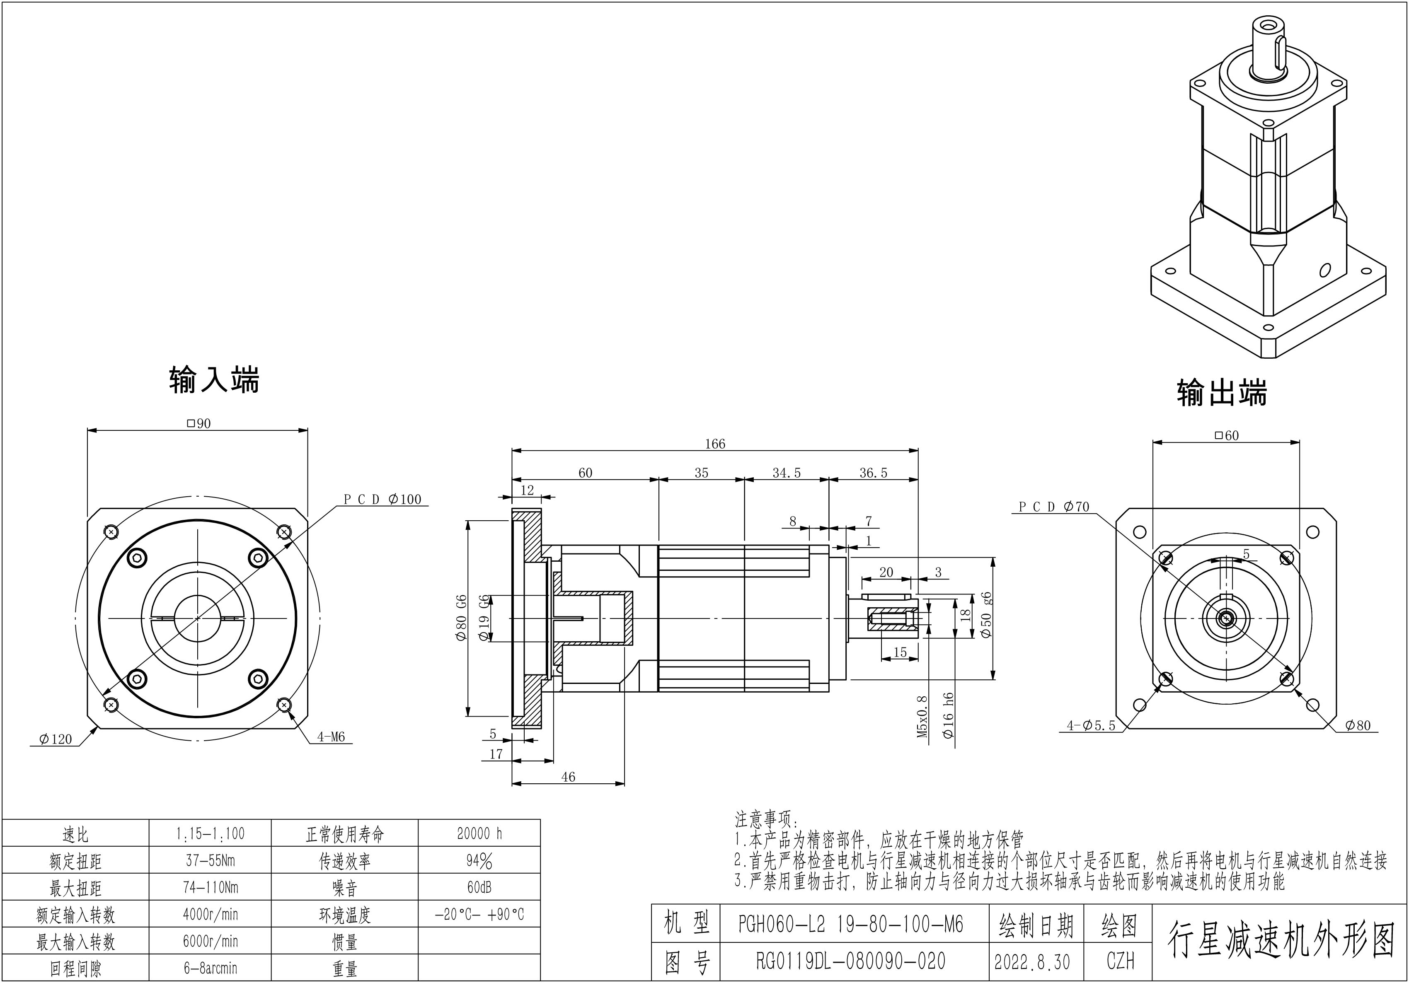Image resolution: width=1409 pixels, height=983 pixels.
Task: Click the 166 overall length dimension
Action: tap(715, 444)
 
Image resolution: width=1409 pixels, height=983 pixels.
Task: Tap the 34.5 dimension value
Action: tap(786, 473)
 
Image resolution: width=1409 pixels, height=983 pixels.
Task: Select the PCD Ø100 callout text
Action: tap(383, 500)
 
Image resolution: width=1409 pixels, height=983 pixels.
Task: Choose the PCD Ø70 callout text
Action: tap(1054, 507)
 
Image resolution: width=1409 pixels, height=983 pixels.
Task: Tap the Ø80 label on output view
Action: tap(1358, 725)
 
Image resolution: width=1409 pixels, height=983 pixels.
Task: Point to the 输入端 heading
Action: tap(214, 380)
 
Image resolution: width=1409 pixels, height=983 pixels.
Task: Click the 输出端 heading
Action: tap(1221, 393)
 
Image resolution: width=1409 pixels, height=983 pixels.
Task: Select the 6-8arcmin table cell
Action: tap(210, 968)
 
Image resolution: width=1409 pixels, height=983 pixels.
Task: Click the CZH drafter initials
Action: tap(1120, 961)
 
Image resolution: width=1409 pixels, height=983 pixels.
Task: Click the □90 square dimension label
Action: tap(198, 423)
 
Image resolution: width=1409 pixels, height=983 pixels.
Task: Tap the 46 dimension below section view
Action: tap(568, 777)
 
